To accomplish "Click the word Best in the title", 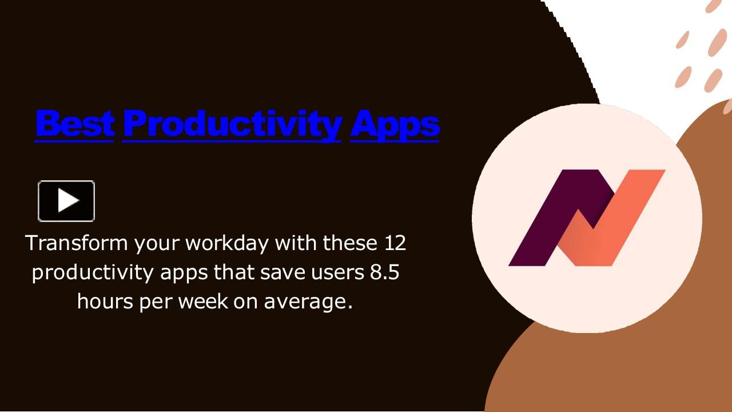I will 74,122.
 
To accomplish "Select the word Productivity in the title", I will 232,124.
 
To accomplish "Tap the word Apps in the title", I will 395,124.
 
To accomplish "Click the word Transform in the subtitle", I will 77,243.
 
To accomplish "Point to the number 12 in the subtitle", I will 392,243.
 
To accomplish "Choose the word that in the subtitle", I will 234,272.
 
